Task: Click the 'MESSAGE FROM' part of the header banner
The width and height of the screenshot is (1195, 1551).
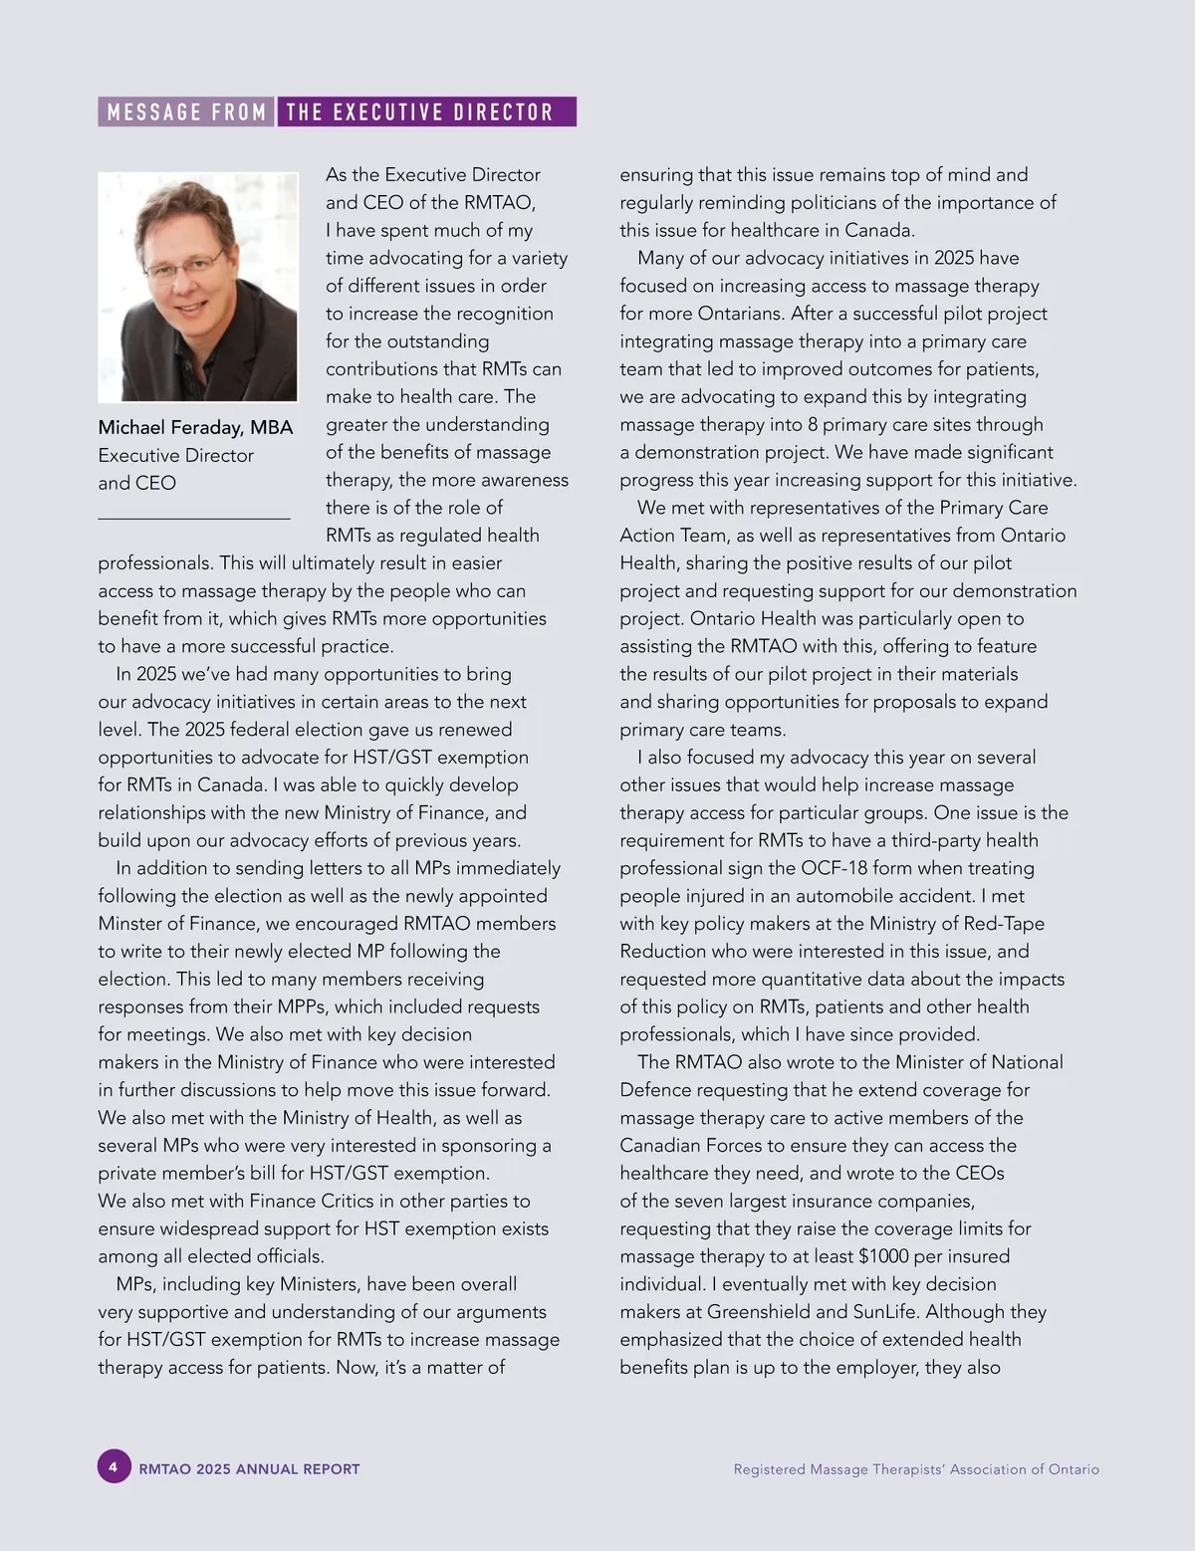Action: click(186, 111)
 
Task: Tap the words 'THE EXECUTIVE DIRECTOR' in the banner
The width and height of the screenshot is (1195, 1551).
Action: click(419, 111)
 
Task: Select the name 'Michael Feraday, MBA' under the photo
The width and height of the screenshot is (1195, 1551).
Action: click(195, 428)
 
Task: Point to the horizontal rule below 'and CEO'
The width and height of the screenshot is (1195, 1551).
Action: click(194, 518)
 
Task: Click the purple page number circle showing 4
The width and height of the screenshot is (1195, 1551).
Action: click(114, 1467)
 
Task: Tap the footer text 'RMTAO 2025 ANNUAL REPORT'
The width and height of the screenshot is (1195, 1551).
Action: click(250, 1469)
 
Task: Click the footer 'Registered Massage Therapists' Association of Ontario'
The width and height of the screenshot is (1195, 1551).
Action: click(916, 1469)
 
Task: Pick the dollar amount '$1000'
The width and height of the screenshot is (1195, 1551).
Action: click(883, 1256)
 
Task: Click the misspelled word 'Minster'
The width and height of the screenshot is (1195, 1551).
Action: click(132, 924)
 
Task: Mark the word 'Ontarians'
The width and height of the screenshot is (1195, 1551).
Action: click(744, 314)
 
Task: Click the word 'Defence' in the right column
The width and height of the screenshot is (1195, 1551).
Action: click(655, 1090)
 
